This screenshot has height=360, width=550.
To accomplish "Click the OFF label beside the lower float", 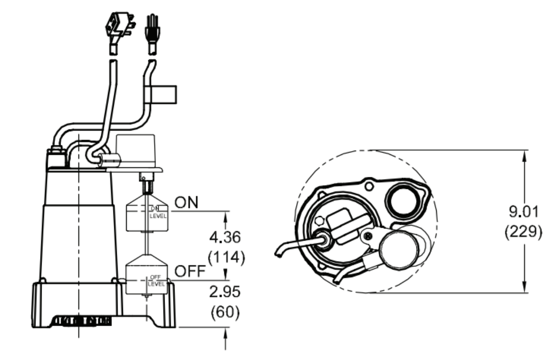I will [x=190, y=271].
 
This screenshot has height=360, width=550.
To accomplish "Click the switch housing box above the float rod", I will [x=136, y=150].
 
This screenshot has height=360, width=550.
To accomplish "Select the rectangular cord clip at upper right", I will [x=161, y=94].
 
